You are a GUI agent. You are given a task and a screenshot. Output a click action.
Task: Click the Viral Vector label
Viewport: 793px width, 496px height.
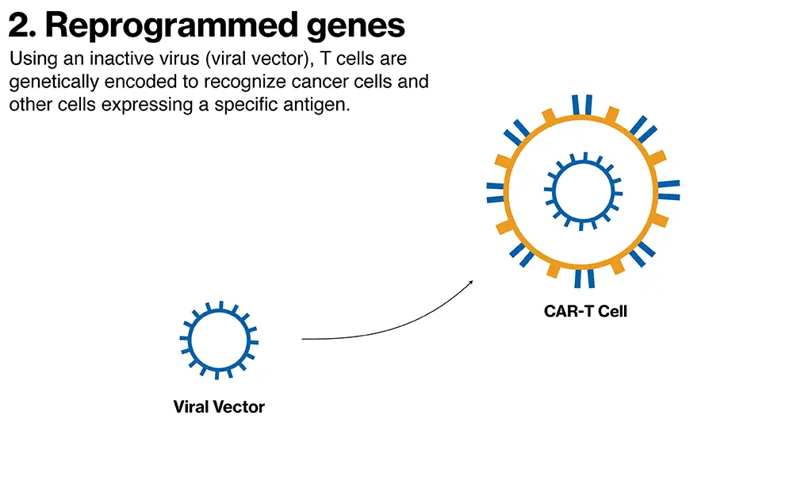pos(219,407)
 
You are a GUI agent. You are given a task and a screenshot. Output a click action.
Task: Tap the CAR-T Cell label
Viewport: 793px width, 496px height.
pos(585,312)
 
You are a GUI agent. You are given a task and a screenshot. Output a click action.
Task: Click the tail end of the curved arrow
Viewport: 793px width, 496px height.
pos(304,339)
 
